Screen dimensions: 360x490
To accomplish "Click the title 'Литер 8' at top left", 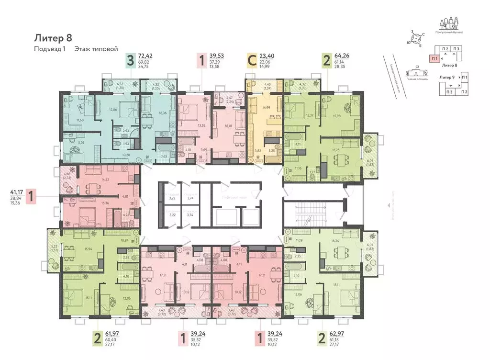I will point(53,37).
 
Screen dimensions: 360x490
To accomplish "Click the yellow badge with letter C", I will point(252,60).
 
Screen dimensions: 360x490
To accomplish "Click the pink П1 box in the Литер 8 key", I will point(434,58).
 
